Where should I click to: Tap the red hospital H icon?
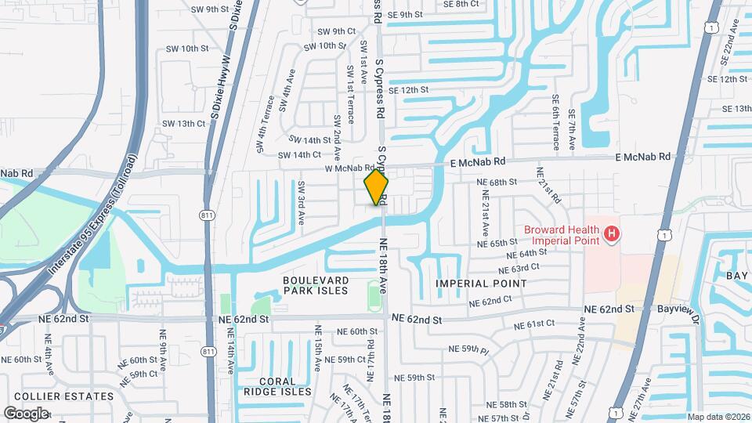612,233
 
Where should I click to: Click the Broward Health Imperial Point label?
562,234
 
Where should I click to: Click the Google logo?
26,413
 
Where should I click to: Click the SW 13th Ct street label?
179,124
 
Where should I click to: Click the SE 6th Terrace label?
555,122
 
